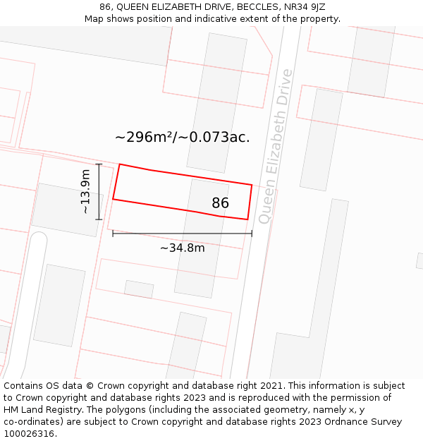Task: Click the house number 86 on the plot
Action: pos(221,203)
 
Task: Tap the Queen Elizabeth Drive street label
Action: pos(274,147)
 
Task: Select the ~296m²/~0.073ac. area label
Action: pos(182,137)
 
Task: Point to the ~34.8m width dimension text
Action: pos(182,248)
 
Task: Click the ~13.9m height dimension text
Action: pos(85,191)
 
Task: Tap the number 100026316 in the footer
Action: pos(30,433)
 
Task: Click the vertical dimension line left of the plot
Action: pos(99,191)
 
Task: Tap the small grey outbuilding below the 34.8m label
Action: pos(139,289)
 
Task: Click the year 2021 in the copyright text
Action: pos(271,386)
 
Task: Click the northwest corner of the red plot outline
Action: pos(120,164)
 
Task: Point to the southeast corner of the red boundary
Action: pos(247,219)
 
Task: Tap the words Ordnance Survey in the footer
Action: pos(362,421)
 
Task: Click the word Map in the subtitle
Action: pos(94,19)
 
